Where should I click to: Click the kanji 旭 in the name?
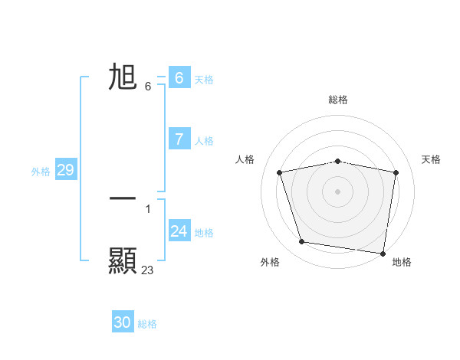(123, 77)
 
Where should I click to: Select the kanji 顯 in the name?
(123, 260)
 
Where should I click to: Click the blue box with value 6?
(179, 77)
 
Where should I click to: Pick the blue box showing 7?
(179, 139)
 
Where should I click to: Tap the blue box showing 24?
(179, 231)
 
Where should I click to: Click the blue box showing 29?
(65, 170)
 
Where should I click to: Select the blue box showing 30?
(123, 322)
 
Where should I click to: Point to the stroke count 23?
(147, 270)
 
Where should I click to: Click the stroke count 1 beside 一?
(147, 208)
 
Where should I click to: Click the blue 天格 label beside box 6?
(204, 79)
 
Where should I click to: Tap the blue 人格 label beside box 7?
(204, 141)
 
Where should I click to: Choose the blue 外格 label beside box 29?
(41, 172)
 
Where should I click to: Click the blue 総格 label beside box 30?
(147, 324)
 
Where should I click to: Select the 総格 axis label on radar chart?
(338, 100)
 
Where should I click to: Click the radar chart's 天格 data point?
(396, 172)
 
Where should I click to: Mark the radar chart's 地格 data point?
(383, 253)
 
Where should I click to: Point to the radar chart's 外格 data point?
(302, 242)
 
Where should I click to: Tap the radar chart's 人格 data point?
(280, 172)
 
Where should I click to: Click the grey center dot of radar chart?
(338, 191)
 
